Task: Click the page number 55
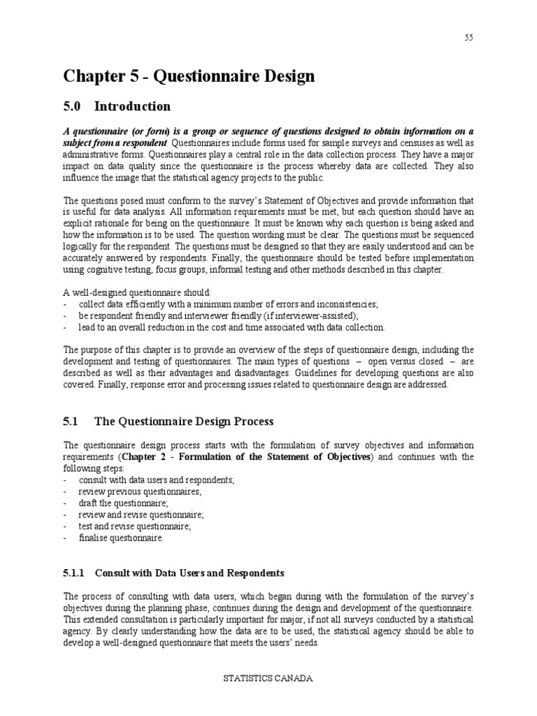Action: tap(468, 38)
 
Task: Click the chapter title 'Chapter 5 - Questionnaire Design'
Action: tap(189, 76)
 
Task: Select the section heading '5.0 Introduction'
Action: tap(117, 106)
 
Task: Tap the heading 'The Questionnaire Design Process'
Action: tap(184, 421)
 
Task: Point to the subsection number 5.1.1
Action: tap(73, 573)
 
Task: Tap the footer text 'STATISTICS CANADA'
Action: tap(268, 698)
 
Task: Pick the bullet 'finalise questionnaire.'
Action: tap(121, 538)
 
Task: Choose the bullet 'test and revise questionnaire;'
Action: tap(134, 527)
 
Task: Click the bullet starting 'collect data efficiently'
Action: tap(228, 304)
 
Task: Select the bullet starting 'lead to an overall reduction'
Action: tap(231, 327)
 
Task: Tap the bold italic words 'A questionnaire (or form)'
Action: tap(113, 131)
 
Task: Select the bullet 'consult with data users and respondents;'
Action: tap(157, 480)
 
